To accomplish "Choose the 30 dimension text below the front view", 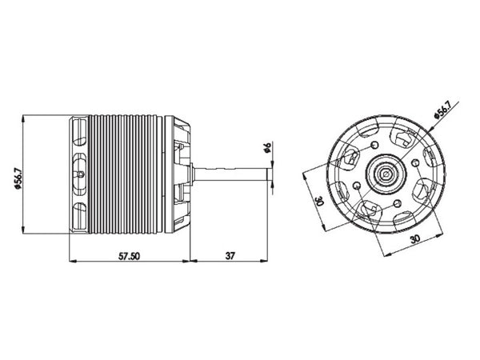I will (x=414, y=238).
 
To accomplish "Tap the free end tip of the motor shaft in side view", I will (x=267, y=174).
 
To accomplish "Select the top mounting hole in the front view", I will (x=375, y=145).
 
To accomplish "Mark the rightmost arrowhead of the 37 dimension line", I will (x=267, y=262).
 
